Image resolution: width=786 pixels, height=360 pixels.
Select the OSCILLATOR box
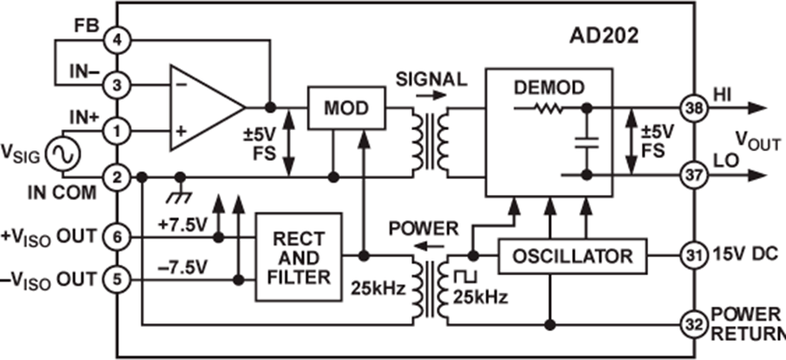(574, 256)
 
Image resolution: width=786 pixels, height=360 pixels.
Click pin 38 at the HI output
(695, 107)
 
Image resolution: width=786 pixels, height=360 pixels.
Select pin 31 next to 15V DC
(695, 256)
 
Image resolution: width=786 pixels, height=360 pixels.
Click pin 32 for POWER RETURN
(695, 324)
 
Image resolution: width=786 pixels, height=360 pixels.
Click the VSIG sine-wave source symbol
(63, 156)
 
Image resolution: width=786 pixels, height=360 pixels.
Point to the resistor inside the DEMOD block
(548, 107)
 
